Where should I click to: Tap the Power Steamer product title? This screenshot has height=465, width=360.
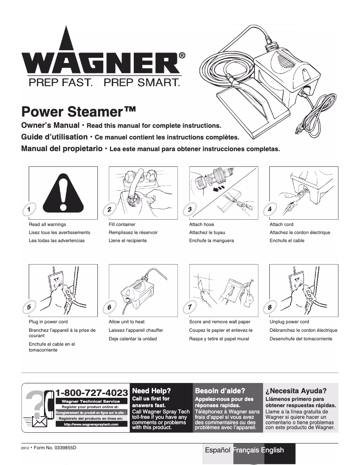tap(79, 111)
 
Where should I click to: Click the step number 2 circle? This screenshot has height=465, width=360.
tap(109, 209)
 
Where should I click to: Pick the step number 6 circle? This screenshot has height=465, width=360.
tap(109, 307)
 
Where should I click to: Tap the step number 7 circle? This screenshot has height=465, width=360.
tap(189, 307)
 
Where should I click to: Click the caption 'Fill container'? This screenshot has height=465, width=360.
tap(122, 224)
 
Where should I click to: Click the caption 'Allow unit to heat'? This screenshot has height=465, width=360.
tap(127, 322)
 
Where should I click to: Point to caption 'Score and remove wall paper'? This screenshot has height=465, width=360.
tap(220, 322)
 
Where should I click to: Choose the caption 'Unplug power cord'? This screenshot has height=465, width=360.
tap(289, 322)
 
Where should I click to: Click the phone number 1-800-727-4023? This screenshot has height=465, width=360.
tap(92, 393)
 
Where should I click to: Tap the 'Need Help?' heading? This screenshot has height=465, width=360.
tap(151, 391)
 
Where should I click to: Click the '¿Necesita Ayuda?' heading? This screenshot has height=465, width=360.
tap(296, 391)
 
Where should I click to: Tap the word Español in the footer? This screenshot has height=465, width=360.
tap(218, 450)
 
